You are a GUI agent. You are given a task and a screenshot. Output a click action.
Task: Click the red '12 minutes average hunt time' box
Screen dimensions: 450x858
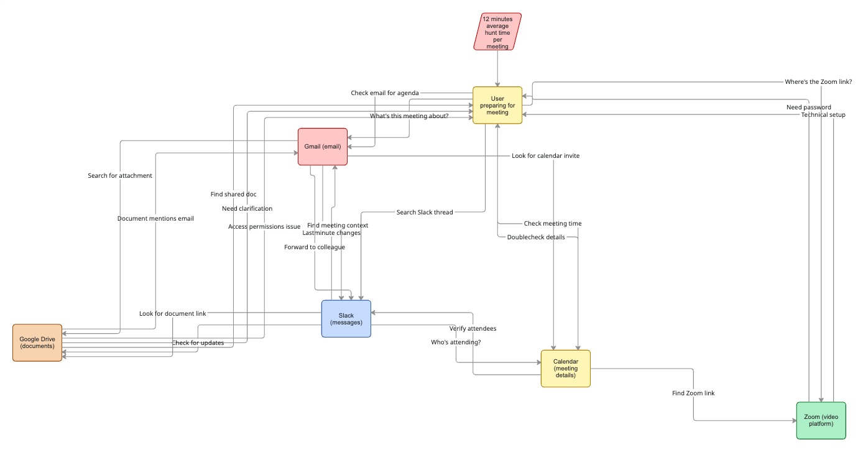tap(497, 32)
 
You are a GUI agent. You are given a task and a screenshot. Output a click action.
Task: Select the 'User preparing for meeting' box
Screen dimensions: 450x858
tap(497, 105)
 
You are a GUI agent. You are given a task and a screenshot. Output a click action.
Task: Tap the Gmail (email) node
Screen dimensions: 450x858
tap(323, 147)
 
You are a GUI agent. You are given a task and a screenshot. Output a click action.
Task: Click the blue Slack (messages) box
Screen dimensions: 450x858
tap(346, 319)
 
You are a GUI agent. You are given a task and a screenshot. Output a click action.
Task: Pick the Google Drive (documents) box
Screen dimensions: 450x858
tap(37, 342)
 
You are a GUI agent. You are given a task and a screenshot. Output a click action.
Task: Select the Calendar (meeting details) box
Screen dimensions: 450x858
tap(565, 369)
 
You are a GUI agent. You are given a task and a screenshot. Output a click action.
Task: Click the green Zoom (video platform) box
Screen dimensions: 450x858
tap(821, 420)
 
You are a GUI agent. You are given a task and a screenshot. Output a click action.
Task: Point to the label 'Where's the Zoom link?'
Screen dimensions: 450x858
tap(819, 82)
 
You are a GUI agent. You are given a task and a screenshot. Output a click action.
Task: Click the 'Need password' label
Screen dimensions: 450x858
tap(808, 107)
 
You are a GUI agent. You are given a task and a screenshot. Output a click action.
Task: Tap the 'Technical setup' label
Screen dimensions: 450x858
tap(823, 115)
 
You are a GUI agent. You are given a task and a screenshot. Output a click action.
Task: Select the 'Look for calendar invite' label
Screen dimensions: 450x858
tap(545, 155)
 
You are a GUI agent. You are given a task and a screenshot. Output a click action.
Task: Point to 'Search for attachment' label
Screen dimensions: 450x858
tap(120, 176)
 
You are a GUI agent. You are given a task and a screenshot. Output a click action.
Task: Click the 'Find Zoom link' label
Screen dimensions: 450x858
tap(693, 393)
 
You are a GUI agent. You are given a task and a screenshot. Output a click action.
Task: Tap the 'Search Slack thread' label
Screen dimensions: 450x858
tap(425, 213)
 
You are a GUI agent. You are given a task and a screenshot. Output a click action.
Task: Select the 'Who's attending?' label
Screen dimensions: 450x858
tap(456, 342)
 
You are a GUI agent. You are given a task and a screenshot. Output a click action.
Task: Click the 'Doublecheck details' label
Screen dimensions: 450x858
tap(536, 237)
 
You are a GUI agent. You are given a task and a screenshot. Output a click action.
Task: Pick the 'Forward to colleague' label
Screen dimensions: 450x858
tap(315, 247)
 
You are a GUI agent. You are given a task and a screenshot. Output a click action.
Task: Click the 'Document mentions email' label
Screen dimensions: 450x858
tap(155, 219)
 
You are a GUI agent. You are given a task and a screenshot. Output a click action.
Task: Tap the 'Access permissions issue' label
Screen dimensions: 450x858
tap(264, 227)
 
